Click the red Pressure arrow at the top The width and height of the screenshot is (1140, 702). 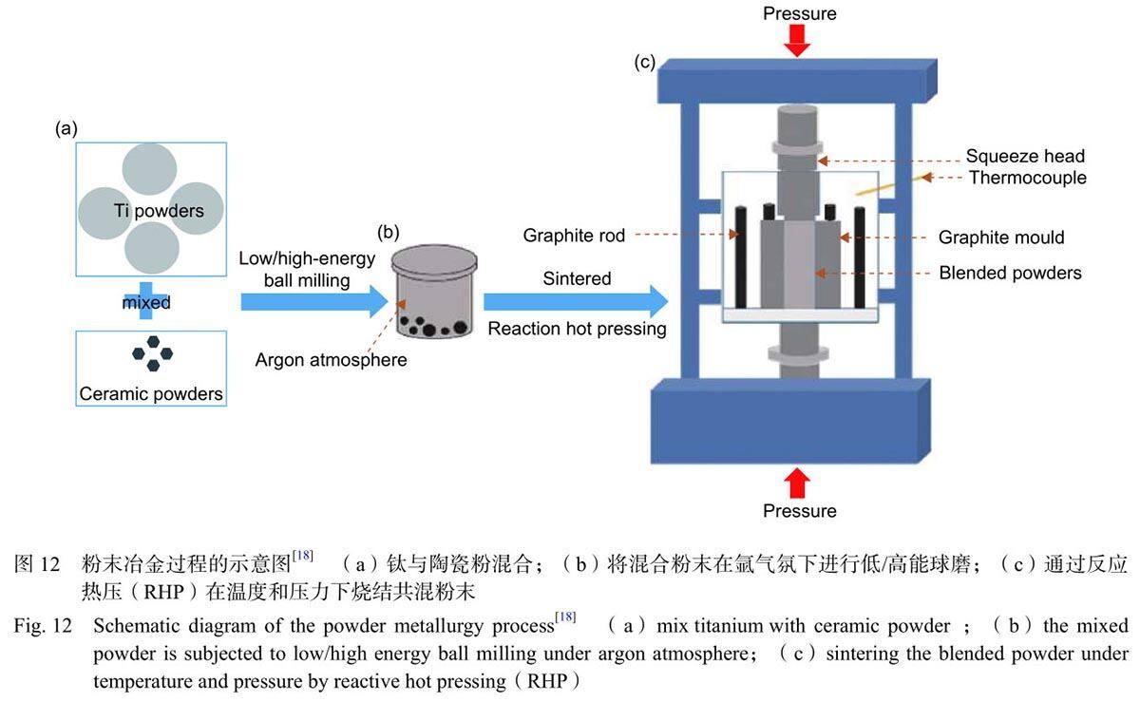(797, 40)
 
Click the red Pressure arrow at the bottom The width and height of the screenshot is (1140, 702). (797, 483)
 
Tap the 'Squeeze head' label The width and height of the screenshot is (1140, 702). (1025, 156)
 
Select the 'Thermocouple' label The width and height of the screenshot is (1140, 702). (1028, 178)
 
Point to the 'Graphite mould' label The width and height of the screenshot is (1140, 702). (1001, 237)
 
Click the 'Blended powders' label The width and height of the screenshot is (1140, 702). (1010, 273)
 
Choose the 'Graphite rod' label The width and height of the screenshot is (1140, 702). (574, 236)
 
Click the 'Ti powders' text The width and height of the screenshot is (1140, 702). (159, 211)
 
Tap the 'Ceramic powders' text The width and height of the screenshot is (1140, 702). (151, 393)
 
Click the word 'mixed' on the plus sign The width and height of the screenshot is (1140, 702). (146, 302)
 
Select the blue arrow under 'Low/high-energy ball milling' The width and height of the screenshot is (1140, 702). (314, 302)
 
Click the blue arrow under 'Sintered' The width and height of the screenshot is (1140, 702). (576, 302)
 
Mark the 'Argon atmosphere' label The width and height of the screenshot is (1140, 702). (331, 360)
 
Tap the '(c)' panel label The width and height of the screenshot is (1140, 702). (644, 62)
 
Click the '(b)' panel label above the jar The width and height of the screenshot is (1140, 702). (388, 232)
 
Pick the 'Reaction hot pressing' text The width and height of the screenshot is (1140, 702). (578, 329)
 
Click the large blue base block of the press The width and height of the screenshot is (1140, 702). (790, 421)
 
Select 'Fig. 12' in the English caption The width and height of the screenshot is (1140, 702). (43, 626)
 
